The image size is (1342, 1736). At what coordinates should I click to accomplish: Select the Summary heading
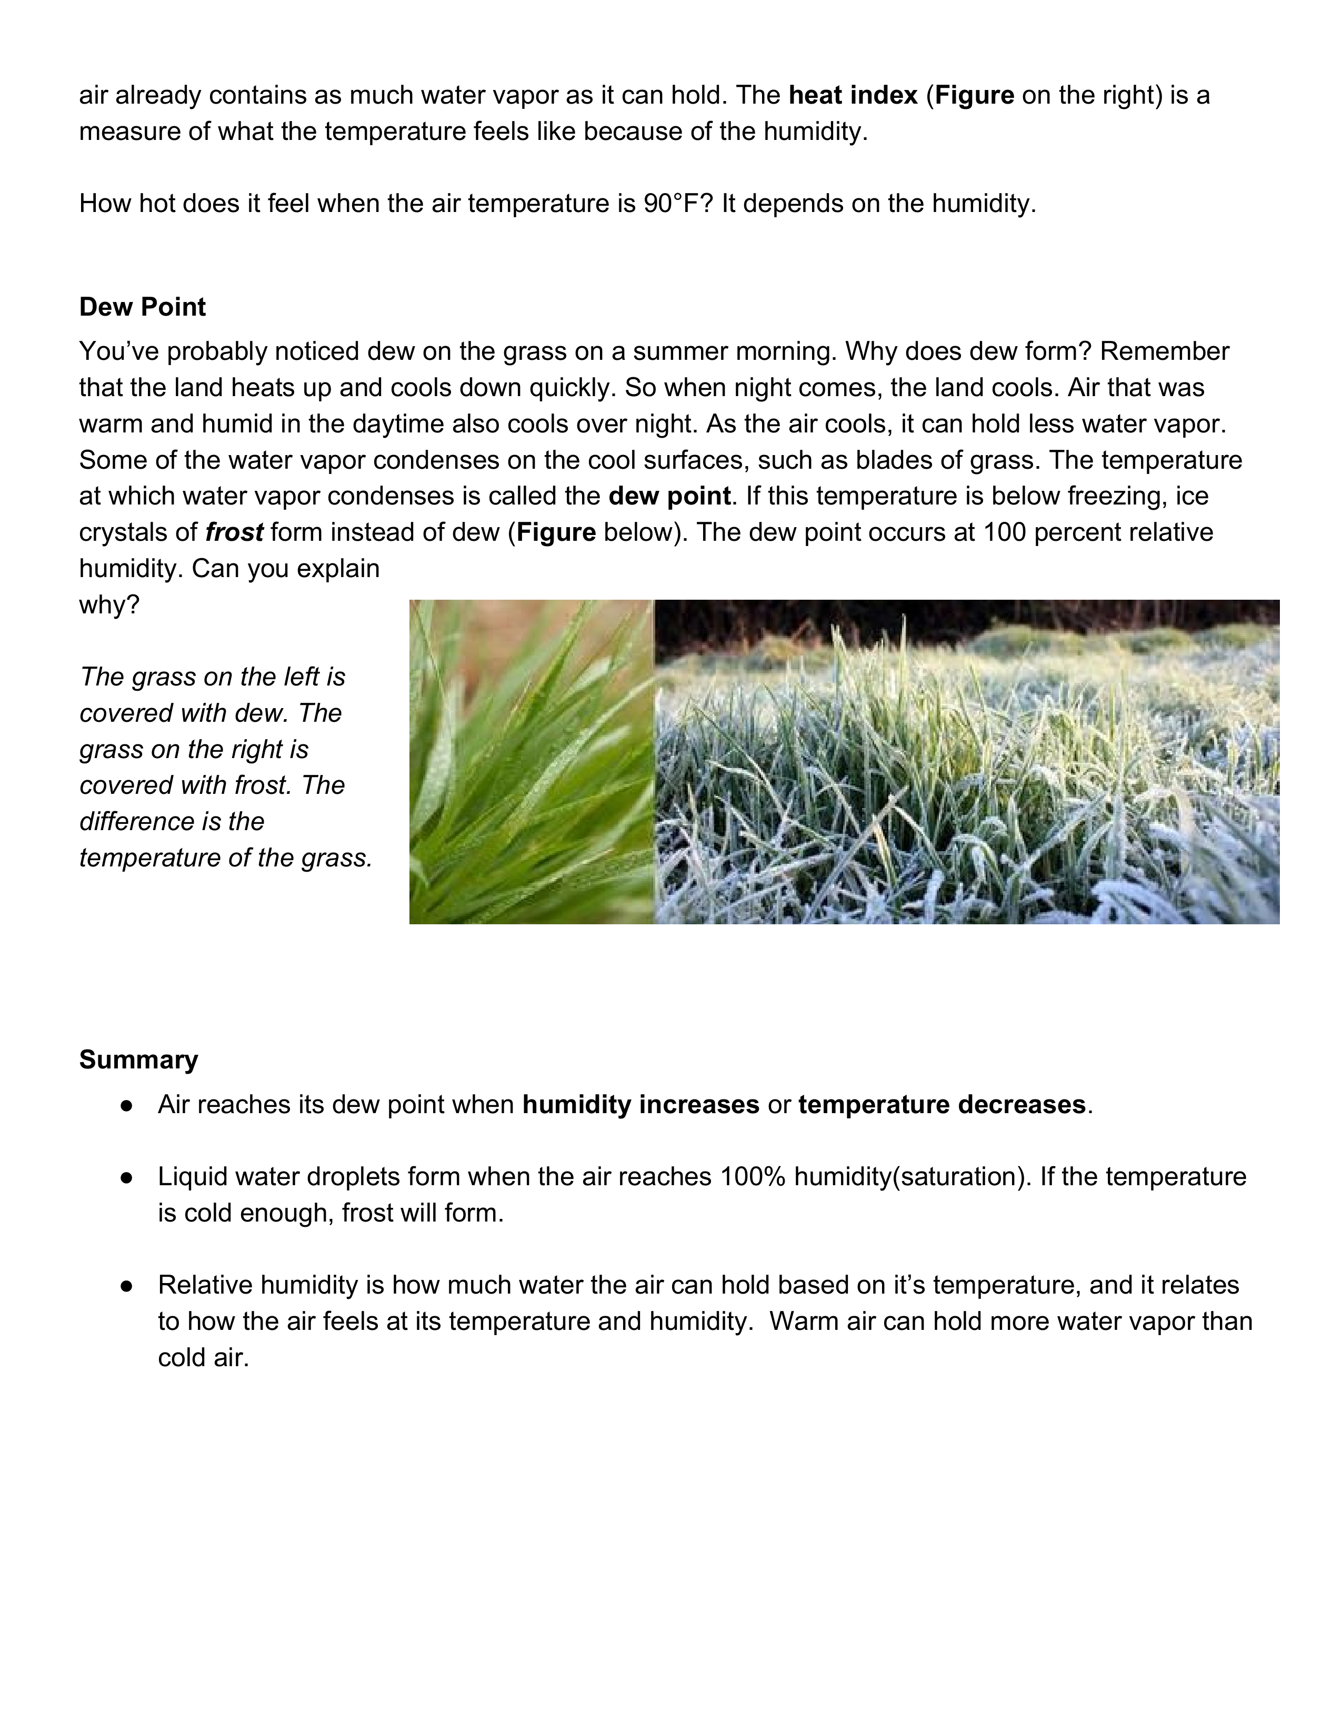pos(138,1059)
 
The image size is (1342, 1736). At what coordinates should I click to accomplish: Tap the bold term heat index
pos(853,95)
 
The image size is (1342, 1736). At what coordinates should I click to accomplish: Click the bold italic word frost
pos(234,532)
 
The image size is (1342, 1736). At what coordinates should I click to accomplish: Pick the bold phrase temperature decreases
pos(942,1105)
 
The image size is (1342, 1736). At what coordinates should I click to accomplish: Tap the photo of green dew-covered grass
pos(531,762)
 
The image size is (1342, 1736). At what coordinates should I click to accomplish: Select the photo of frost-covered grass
pos(966,762)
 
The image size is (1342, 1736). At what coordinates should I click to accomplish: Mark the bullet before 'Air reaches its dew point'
pos(126,1106)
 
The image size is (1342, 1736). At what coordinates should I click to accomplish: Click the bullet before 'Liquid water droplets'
pos(126,1177)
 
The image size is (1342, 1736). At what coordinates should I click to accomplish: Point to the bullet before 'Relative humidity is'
pos(126,1285)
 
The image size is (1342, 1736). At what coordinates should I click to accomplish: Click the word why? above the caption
pos(109,605)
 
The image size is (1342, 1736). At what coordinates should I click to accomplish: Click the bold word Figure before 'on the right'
pos(974,95)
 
